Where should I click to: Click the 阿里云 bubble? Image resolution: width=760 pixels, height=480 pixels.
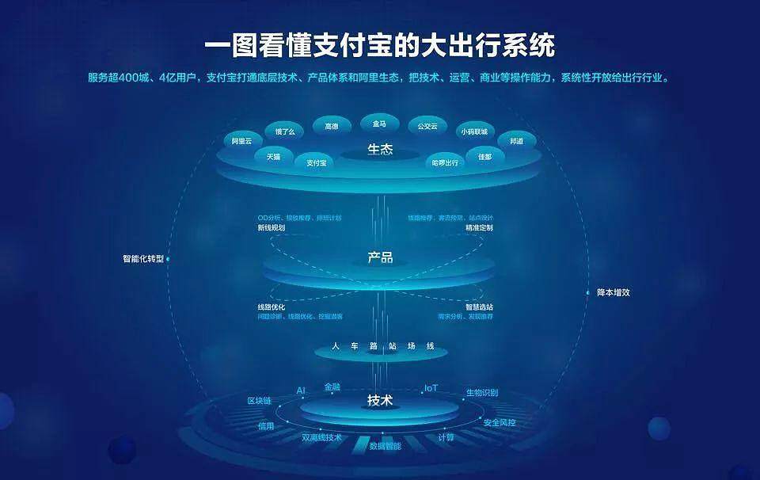pos(241,141)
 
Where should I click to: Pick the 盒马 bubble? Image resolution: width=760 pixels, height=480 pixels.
pos(379,124)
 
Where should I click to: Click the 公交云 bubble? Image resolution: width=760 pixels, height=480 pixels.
pos(427,126)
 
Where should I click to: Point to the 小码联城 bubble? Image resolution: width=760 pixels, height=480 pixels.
pos(474,131)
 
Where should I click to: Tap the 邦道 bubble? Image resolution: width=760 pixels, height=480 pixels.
pos(516,141)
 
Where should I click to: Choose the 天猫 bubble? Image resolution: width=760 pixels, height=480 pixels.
pos(274,156)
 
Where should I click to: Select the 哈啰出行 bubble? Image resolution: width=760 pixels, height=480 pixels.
pos(445,162)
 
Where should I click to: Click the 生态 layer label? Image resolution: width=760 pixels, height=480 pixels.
pos(380,149)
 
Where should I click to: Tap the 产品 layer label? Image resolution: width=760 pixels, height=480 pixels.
pos(380,257)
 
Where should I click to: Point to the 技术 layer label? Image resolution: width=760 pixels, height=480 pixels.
pos(380,401)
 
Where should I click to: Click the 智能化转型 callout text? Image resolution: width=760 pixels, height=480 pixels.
pos(143,258)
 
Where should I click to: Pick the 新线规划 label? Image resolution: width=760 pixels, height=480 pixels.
pos(271,227)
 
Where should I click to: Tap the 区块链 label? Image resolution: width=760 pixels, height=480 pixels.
pos(259,401)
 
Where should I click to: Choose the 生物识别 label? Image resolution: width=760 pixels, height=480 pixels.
pos(482,393)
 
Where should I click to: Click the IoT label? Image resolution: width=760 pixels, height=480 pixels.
pos(431,388)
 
